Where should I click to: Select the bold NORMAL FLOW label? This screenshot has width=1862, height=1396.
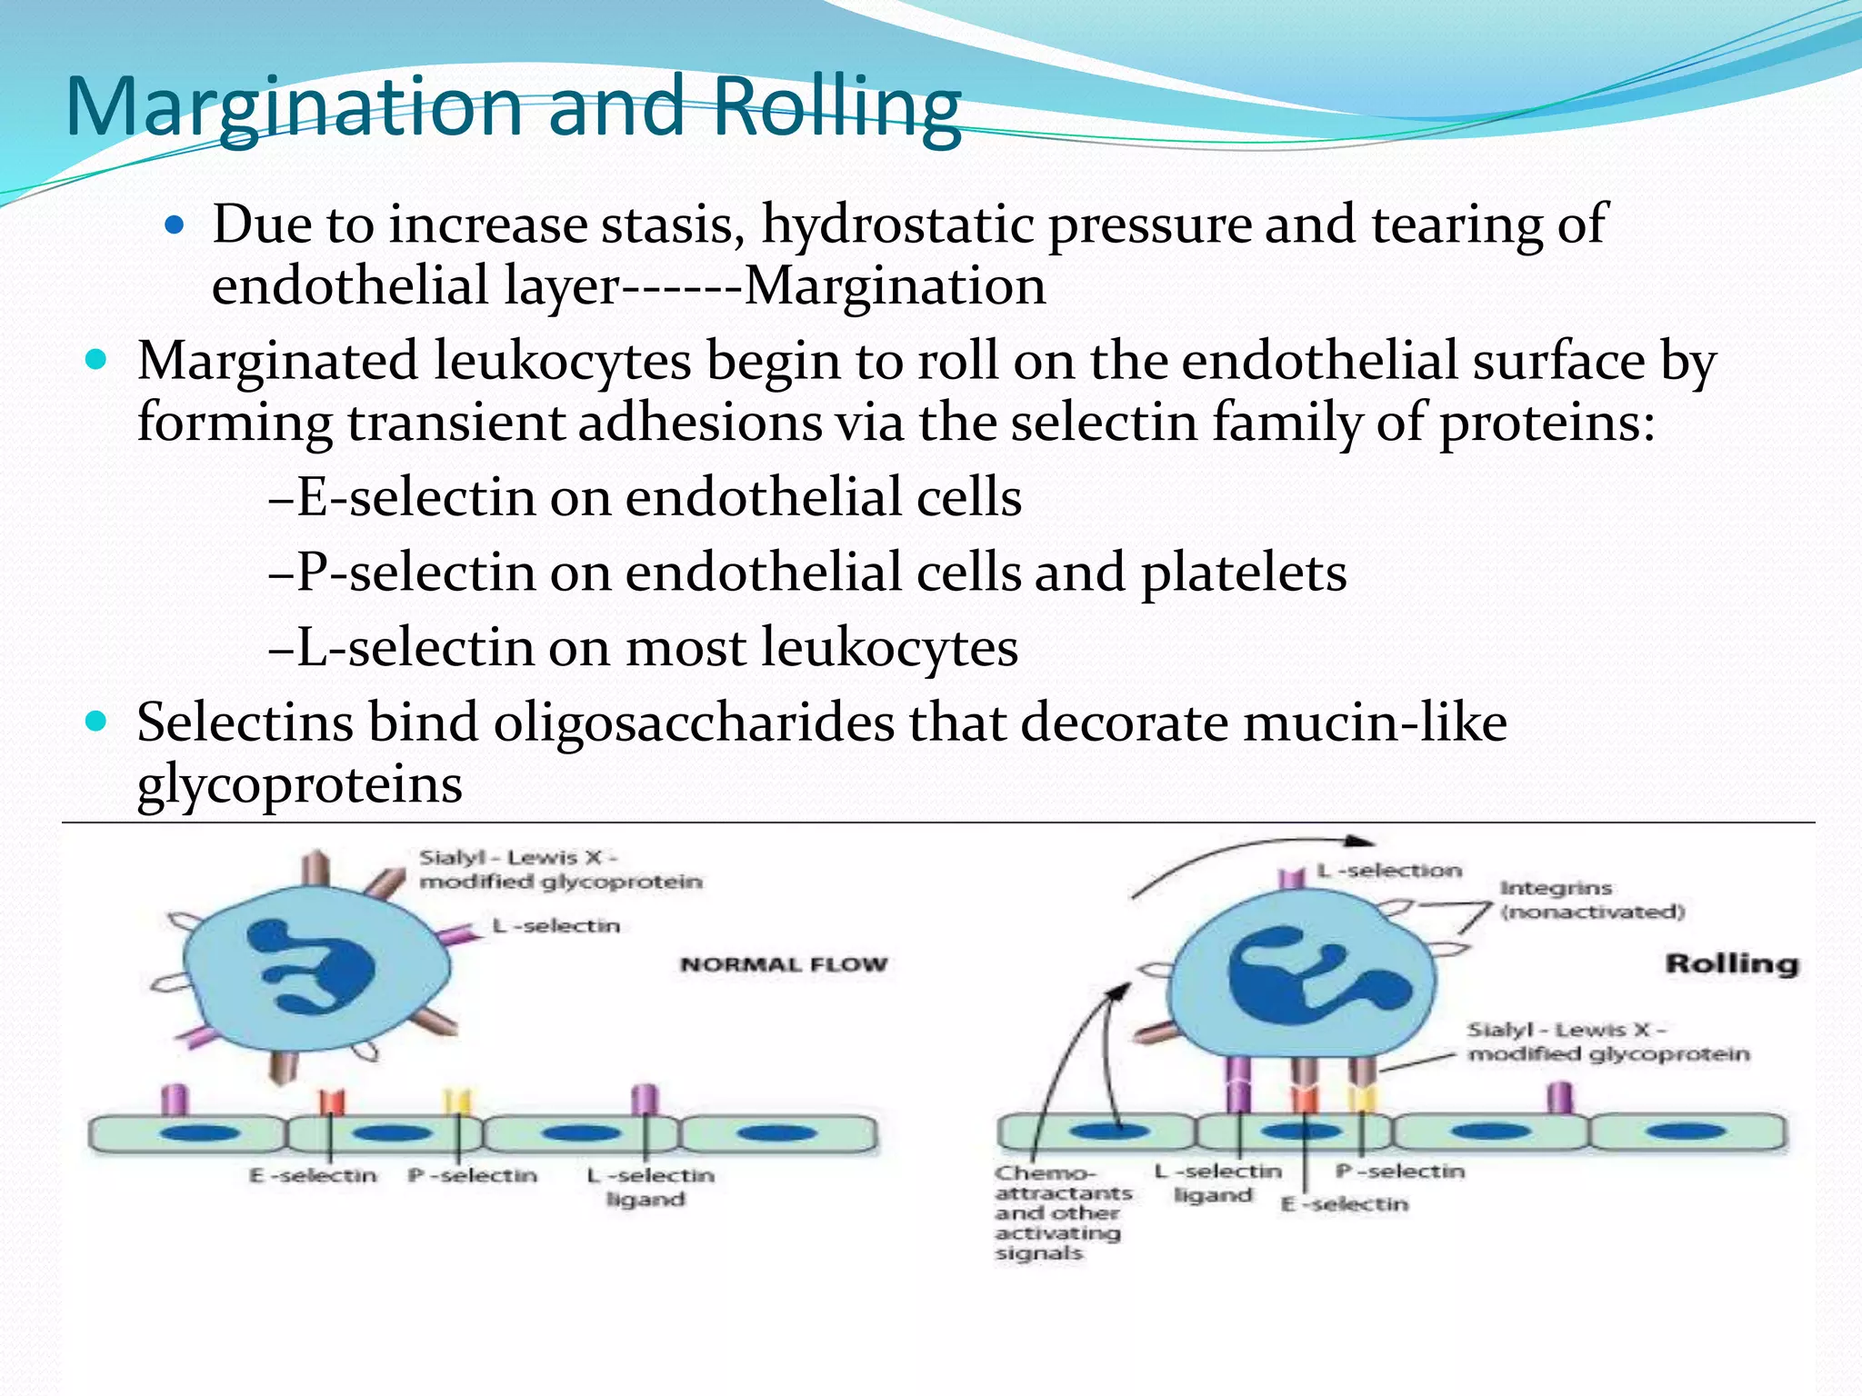point(784,964)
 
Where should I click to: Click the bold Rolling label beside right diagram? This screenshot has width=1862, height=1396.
point(1731,963)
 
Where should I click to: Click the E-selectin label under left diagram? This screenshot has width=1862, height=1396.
point(313,1175)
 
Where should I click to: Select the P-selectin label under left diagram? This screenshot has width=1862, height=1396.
point(473,1175)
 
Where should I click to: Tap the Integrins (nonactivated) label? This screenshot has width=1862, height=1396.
point(1591,900)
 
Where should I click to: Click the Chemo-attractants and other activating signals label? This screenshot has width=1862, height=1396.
point(1060,1212)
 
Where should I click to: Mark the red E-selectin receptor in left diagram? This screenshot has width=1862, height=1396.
point(331,1102)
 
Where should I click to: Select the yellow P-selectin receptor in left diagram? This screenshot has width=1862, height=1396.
point(457,1102)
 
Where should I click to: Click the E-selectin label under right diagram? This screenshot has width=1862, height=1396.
point(1344,1204)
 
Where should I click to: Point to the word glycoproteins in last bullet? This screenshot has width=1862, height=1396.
point(299,784)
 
